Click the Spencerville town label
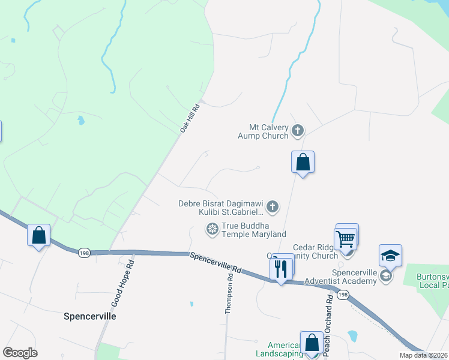pos(90,316)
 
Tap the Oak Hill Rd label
pos(190,117)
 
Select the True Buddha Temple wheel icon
pos(212,229)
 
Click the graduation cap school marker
pos(390,256)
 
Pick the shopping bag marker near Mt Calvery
pos(303,162)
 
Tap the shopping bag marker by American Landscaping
pos(312,343)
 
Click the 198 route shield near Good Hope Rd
pos(84,253)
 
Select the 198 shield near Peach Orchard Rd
pos(342,295)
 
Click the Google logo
pos(20,353)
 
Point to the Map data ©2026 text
pos(423,355)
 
